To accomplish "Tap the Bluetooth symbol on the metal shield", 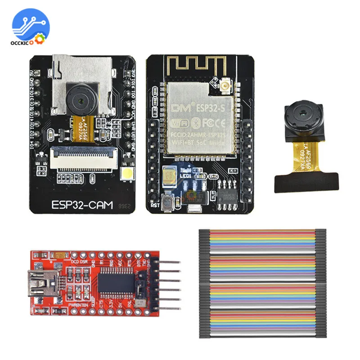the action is pos(196,122).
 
